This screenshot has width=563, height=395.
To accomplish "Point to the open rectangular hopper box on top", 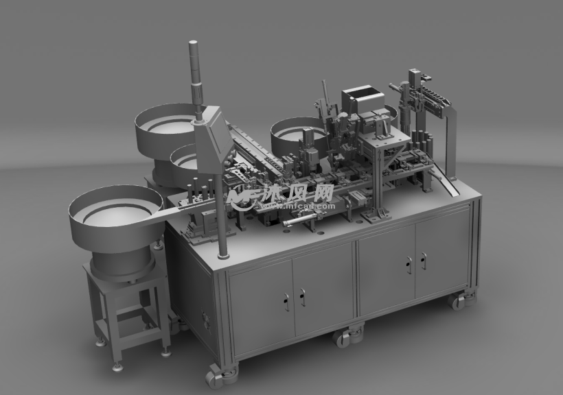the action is click(x=363, y=99).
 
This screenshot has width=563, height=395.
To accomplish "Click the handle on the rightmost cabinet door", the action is click(x=424, y=261).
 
